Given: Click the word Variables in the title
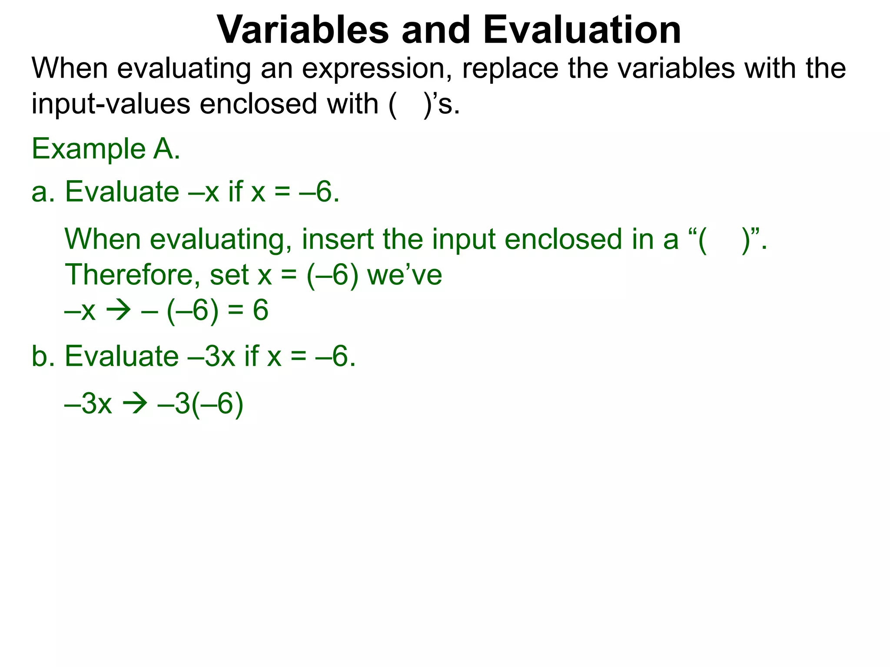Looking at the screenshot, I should click(x=303, y=30).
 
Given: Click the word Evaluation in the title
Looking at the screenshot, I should click(x=582, y=30).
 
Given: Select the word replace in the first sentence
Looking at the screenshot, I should click(x=510, y=69).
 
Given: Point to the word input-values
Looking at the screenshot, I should click(x=110, y=104).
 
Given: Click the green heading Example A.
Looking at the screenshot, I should click(x=106, y=149).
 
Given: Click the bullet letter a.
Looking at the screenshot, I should click(x=43, y=192).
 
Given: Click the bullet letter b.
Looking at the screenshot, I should click(x=43, y=357).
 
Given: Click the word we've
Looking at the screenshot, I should click(x=405, y=275).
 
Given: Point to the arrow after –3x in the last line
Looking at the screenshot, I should click(x=135, y=404).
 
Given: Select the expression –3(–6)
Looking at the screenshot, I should click(x=200, y=404).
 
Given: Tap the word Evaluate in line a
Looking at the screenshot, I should click(x=122, y=192).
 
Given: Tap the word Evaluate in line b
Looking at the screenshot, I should click(x=122, y=357).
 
